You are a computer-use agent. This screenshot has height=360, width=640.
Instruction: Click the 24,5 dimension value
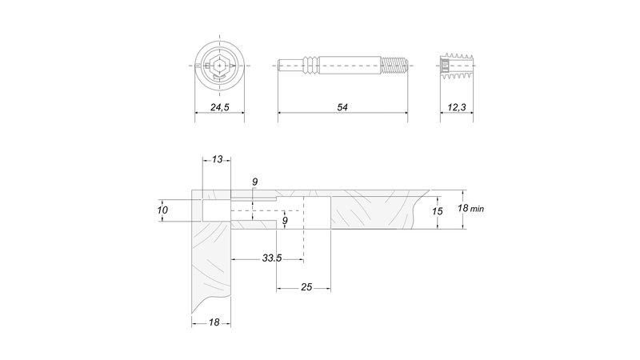click(219, 107)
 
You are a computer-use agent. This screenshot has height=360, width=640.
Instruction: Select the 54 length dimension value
click(342, 107)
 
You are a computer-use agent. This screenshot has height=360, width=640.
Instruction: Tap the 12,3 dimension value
click(456, 107)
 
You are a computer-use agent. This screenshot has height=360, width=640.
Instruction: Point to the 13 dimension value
click(217, 159)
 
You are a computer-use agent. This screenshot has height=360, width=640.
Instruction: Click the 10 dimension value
click(162, 210)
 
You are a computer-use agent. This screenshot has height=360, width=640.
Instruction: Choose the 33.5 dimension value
click(272, 258)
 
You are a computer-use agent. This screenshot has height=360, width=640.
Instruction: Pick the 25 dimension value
click(306, 287)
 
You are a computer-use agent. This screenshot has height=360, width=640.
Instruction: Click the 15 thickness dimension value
click(437, 211)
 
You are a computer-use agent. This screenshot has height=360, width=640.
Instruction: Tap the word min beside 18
click(477, 209)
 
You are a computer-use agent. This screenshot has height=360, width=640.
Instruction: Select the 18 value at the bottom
click(214, 322)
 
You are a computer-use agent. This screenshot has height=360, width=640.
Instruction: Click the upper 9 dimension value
click(254, 182)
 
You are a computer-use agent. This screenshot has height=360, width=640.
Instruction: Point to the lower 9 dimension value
click(285, 221)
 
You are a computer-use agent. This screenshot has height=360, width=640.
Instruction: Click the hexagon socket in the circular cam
click(219, 66)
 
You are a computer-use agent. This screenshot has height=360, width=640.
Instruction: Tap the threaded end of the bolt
click(394, 66)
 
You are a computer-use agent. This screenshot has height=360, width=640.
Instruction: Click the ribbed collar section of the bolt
click(311, 66)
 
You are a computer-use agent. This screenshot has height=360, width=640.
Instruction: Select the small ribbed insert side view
click(457, 66)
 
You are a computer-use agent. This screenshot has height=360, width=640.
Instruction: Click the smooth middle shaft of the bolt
click(350, 66)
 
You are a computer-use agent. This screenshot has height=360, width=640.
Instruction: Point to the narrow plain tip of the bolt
click(291, 66)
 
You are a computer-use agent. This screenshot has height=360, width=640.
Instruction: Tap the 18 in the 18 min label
click(462, 208)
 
